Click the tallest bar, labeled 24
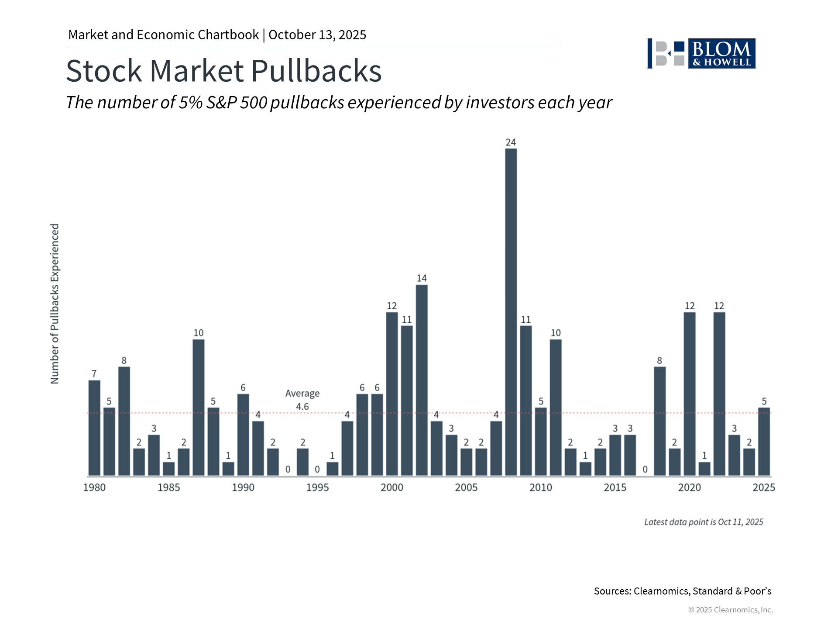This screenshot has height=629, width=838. coord(511,312)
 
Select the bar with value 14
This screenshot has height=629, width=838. coord(422,380)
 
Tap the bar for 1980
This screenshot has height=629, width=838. coord(94,428)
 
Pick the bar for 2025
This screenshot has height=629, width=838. coord(764,442)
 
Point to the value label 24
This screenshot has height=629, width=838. coord(511,142)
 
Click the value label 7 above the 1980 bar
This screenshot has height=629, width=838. coord(94,374)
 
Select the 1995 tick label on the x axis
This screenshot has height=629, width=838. coord(317,487)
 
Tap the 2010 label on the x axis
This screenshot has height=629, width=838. coord(540,487)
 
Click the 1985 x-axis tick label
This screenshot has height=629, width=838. coord(168,487)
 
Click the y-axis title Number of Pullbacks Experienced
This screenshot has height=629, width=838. coord(55,304)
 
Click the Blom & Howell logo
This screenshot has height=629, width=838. coord(701,54)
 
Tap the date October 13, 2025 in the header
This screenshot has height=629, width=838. coord(317,35)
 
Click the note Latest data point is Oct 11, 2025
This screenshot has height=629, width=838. coord(704,522)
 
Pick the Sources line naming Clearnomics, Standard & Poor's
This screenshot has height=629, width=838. coord(683,591)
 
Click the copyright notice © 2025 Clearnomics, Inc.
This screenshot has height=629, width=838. coord(730,610)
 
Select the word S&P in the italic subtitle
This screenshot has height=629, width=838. coord(221,103)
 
